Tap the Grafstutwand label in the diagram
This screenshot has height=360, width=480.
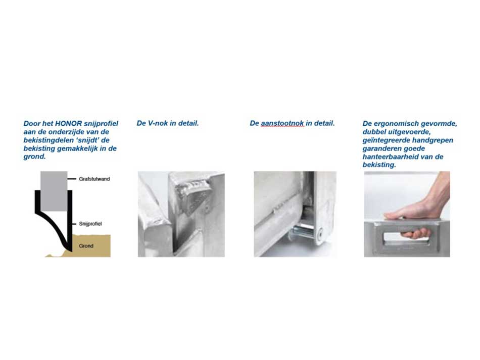(x=94, y=179)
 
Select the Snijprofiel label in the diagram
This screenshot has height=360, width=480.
(x=91, y=223)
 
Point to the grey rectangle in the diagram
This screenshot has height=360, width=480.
(x=54, y=190)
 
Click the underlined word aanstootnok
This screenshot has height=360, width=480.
(x=282, y=123)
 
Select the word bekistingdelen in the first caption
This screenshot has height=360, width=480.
(x=47, y=140)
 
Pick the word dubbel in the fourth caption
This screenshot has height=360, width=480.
(x=374, y=132)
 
